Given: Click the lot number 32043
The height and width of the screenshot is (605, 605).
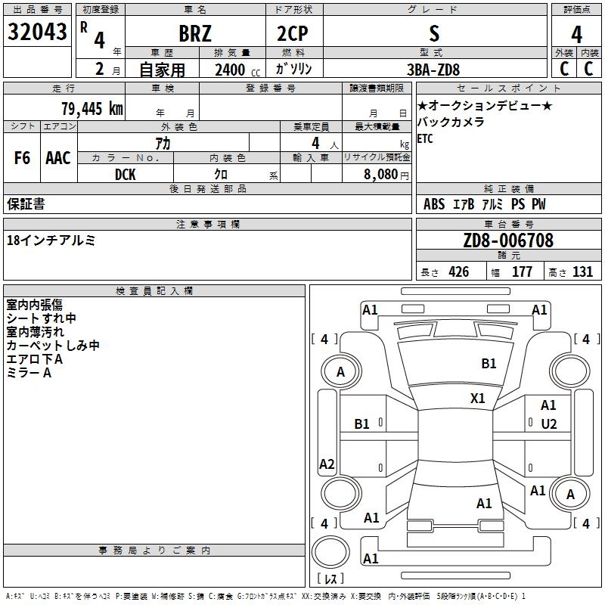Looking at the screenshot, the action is tap(37, 32).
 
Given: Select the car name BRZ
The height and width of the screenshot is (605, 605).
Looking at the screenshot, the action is tap(195, 33).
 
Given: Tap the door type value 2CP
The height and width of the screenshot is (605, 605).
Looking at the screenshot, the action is tap(293, 33).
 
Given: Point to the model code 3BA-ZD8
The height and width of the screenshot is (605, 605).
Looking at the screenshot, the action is tap(433, 70).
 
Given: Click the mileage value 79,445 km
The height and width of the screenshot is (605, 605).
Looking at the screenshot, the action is tap(92, 109).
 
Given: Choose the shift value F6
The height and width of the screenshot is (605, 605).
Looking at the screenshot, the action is tap(22, 158).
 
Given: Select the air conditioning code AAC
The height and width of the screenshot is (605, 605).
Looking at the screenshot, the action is tap(58, 158).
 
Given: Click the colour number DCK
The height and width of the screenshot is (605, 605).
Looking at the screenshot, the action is tap(126, 175).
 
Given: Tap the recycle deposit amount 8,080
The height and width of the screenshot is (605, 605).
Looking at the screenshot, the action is tap(381, 175).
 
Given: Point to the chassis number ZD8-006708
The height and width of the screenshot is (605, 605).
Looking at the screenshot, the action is tap(508, 240).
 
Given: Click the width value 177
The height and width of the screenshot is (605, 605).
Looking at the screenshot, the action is tap(522, 271).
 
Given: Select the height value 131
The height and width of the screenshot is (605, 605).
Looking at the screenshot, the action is tap(582, 271).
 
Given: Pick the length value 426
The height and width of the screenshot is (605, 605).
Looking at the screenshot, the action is tap(459, 271).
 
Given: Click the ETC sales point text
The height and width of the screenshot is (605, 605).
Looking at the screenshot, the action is tap(425, 138).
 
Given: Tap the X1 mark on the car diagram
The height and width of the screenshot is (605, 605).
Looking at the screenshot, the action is tap(478, 399).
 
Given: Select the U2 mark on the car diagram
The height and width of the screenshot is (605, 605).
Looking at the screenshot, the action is tap(549, 424).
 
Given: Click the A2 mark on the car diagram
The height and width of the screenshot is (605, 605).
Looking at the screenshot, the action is tap(327, 464).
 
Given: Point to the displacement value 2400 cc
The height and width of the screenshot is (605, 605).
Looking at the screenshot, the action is tap(237, 70).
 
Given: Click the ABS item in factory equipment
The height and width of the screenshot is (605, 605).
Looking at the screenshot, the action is tap(434, 204).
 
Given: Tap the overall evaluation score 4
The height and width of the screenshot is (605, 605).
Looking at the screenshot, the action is tap(576, 35).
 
